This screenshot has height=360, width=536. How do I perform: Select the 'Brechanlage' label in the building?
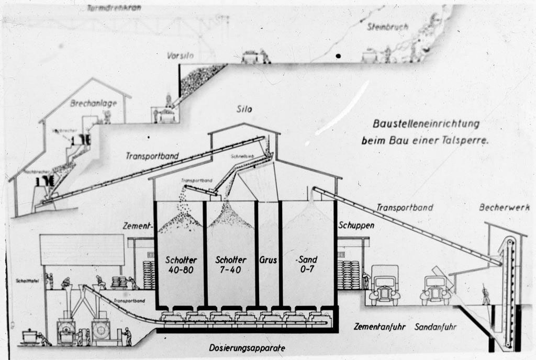coord(93,103)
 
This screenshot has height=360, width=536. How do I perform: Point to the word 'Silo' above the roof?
coord(244,109)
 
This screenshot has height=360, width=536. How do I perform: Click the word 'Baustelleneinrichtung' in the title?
coord(426,124)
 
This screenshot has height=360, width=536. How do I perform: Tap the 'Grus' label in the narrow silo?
coord(268,260)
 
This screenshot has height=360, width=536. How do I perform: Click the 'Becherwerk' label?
coord(504,207)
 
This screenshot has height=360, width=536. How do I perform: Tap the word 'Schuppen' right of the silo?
coord(356,225)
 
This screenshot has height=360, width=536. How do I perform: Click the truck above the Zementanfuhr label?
coord(385,286)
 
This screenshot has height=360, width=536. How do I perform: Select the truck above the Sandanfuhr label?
coord(435,290)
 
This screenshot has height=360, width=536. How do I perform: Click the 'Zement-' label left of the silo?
coord(137,227)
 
